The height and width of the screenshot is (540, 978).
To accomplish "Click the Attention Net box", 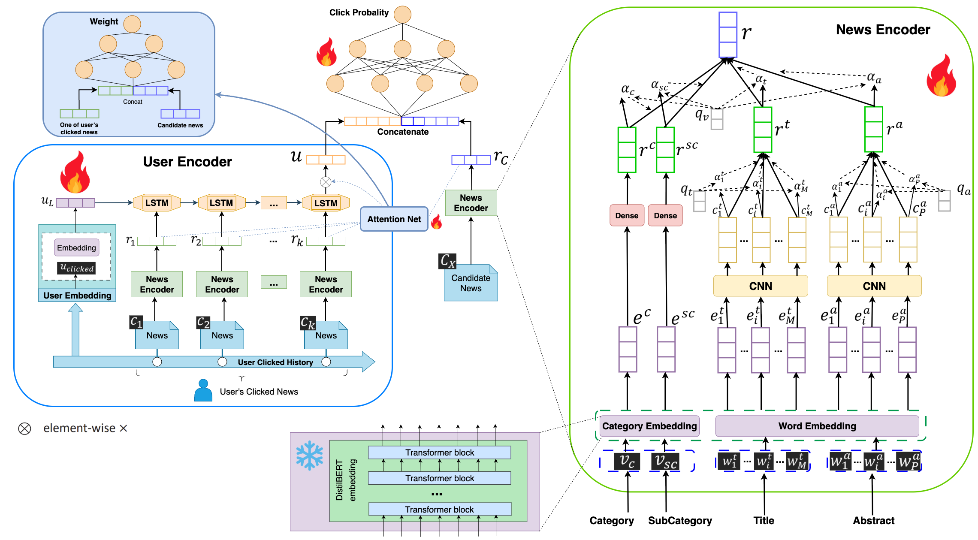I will click(x=394, y=219).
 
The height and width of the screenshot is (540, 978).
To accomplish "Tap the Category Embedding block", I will click(x=649, y=426).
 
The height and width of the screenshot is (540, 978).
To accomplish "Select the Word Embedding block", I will click(x=817, y=426).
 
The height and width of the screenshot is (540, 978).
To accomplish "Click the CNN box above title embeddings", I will click(x=760, y=286).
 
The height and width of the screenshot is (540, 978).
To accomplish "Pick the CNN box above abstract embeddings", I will click(x=874, y=286).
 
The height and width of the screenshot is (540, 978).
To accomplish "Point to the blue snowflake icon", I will click(x=309, y=456).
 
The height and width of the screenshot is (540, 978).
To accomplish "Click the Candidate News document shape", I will click(x=471, y=283).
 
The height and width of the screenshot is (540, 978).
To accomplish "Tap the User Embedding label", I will click(x=77, y=296).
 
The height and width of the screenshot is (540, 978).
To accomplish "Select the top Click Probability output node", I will click(x=402, y=15).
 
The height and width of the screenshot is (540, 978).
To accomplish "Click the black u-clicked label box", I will click(x=76, y=268).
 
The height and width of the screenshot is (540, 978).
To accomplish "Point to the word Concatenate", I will click(x=403, y=132).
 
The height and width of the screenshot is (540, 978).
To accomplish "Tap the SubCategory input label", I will click(x=680, y=521).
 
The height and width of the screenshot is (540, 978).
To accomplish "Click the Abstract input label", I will click(x=873, y=521).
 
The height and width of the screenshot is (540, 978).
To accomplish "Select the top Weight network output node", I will click(x=132, y=24).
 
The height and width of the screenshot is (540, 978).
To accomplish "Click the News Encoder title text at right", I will click(x=883, y=30).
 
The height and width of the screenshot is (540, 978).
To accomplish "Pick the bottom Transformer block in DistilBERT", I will click(x=440, y=509).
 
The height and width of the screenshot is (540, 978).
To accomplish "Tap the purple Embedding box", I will click(x=76, y=247).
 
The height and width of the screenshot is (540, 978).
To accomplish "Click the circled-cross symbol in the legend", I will click(x=24, y=428).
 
